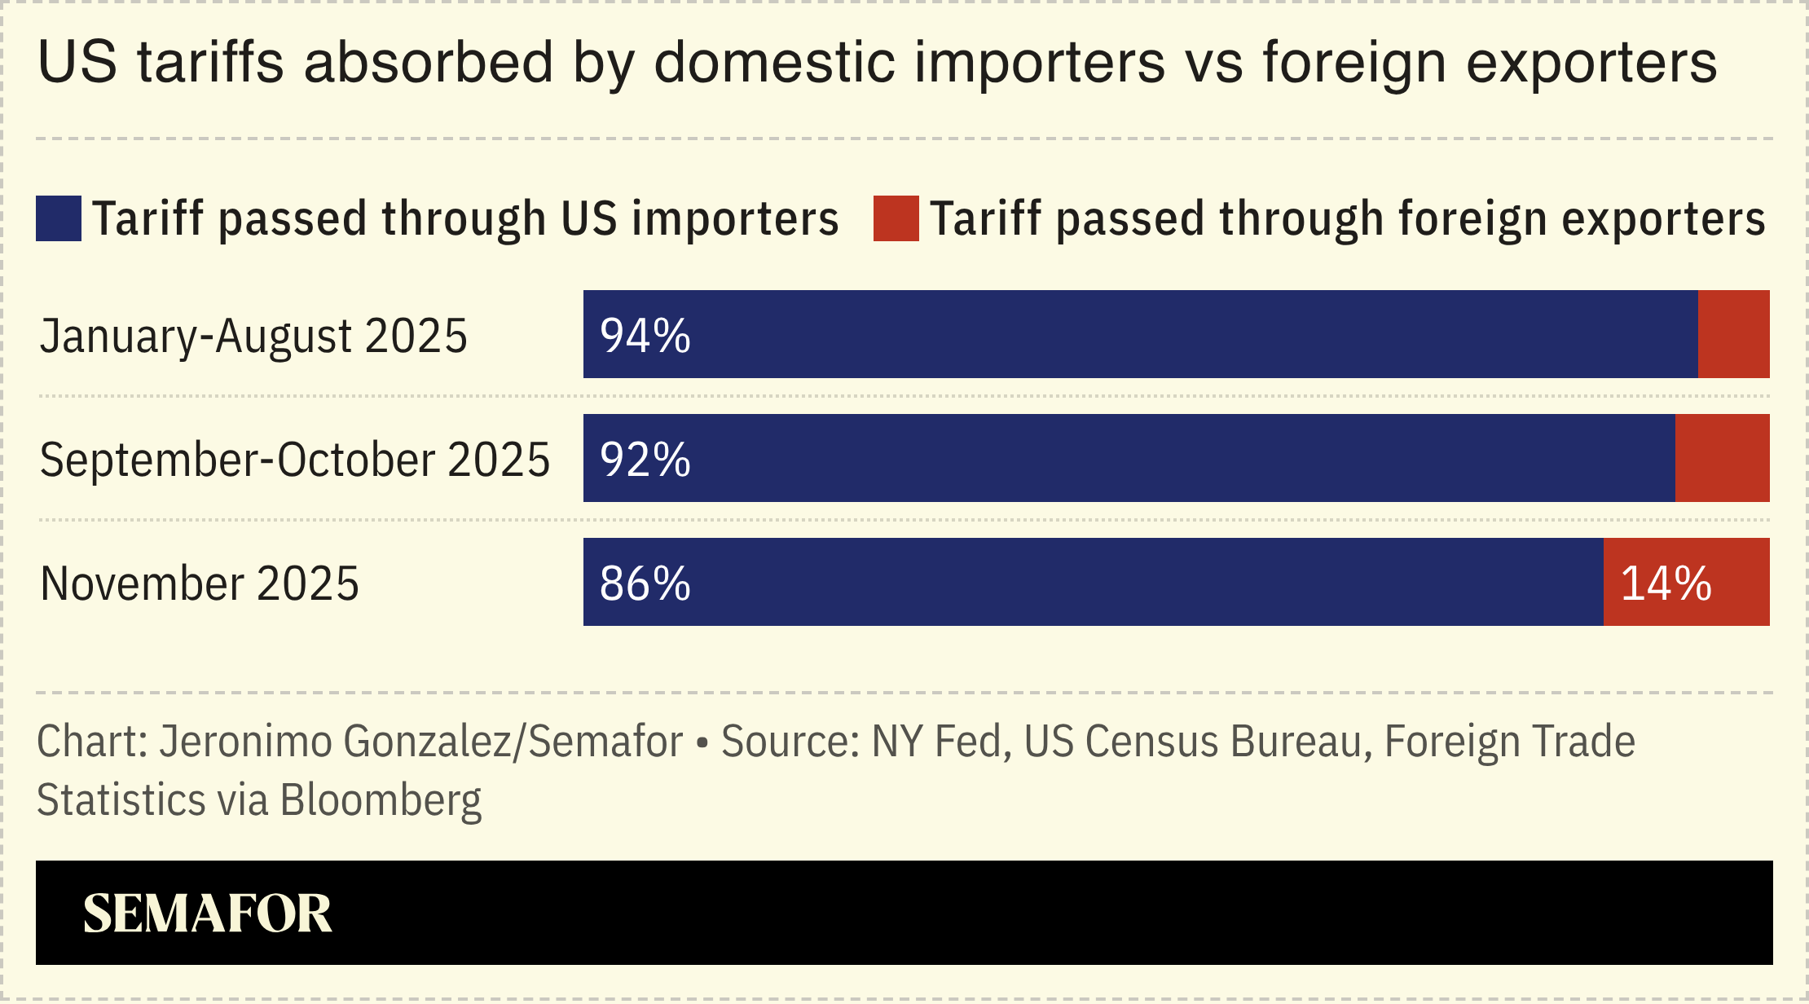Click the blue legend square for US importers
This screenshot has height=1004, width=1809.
(x=59, y=218)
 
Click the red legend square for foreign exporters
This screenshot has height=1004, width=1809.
(x=896, y=218)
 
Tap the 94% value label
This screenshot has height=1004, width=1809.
(x=645, y=335)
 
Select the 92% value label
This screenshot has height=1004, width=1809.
(x=645, y=459)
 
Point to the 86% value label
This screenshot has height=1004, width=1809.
(x=645, y=583)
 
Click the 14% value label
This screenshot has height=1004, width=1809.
(x=1666, y=583)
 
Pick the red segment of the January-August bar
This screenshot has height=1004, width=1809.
(x=1733, y=334)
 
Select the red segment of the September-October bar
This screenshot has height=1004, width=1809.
(x=1722, y=458)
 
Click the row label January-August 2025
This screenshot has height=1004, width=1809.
(x=253, y=336)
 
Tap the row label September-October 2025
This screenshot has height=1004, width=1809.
(x=294, y=460)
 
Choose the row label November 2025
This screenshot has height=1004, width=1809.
(x=200, y=583)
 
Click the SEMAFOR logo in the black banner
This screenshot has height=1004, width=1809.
(x=207, y=913)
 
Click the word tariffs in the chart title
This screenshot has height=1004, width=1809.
(x=210, y=62)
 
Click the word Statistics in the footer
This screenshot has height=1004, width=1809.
(x=121, y=800)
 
